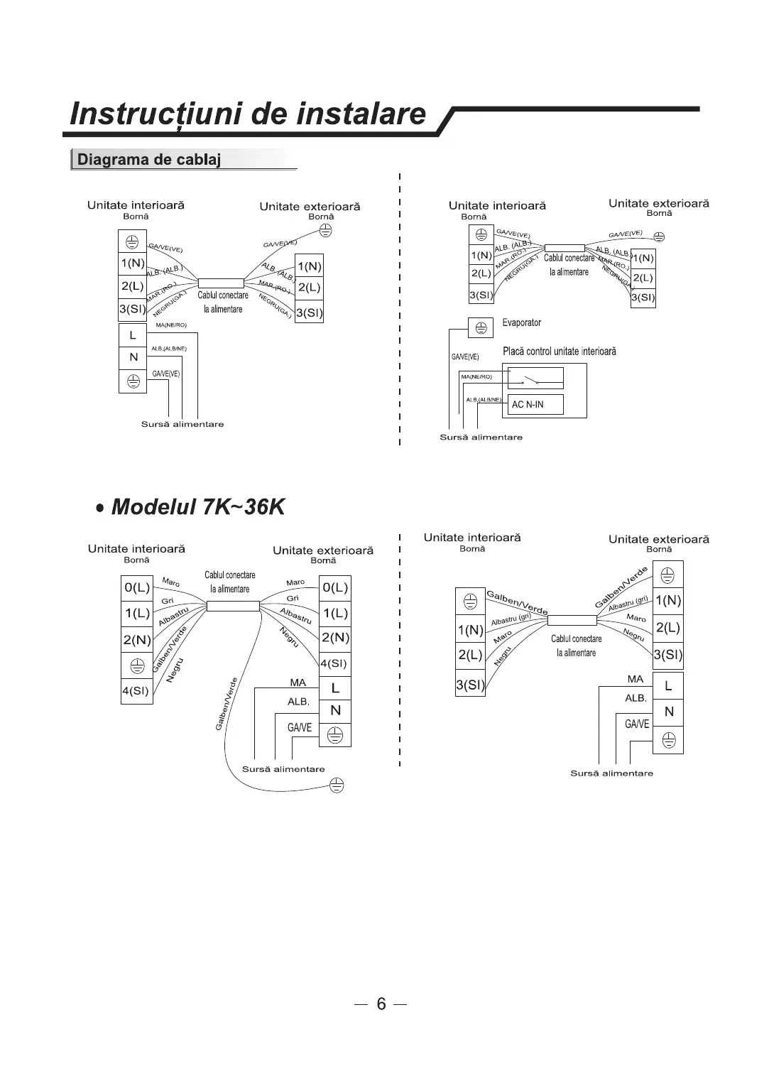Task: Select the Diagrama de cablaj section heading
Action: (148, 159)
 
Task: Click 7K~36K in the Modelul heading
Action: (243, 507)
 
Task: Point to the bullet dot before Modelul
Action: (102, 509)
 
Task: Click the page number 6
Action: (381, 1004)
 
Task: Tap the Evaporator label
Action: (521, 323)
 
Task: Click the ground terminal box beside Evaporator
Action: (481, 327)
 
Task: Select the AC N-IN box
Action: (535, 405)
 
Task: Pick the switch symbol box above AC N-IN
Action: (535, 378)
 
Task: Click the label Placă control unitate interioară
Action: (559, 352)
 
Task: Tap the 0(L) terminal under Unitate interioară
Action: (136, 588)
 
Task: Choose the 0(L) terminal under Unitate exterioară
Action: (335, 588)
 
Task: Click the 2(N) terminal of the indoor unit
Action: (136, 640)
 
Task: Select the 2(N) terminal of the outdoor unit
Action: (335, 638)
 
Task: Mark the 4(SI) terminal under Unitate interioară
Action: (136, 690)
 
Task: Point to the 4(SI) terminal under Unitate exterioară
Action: (335, 663)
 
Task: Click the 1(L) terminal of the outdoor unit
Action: (335, 613)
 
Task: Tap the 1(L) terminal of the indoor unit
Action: (136, 613)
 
